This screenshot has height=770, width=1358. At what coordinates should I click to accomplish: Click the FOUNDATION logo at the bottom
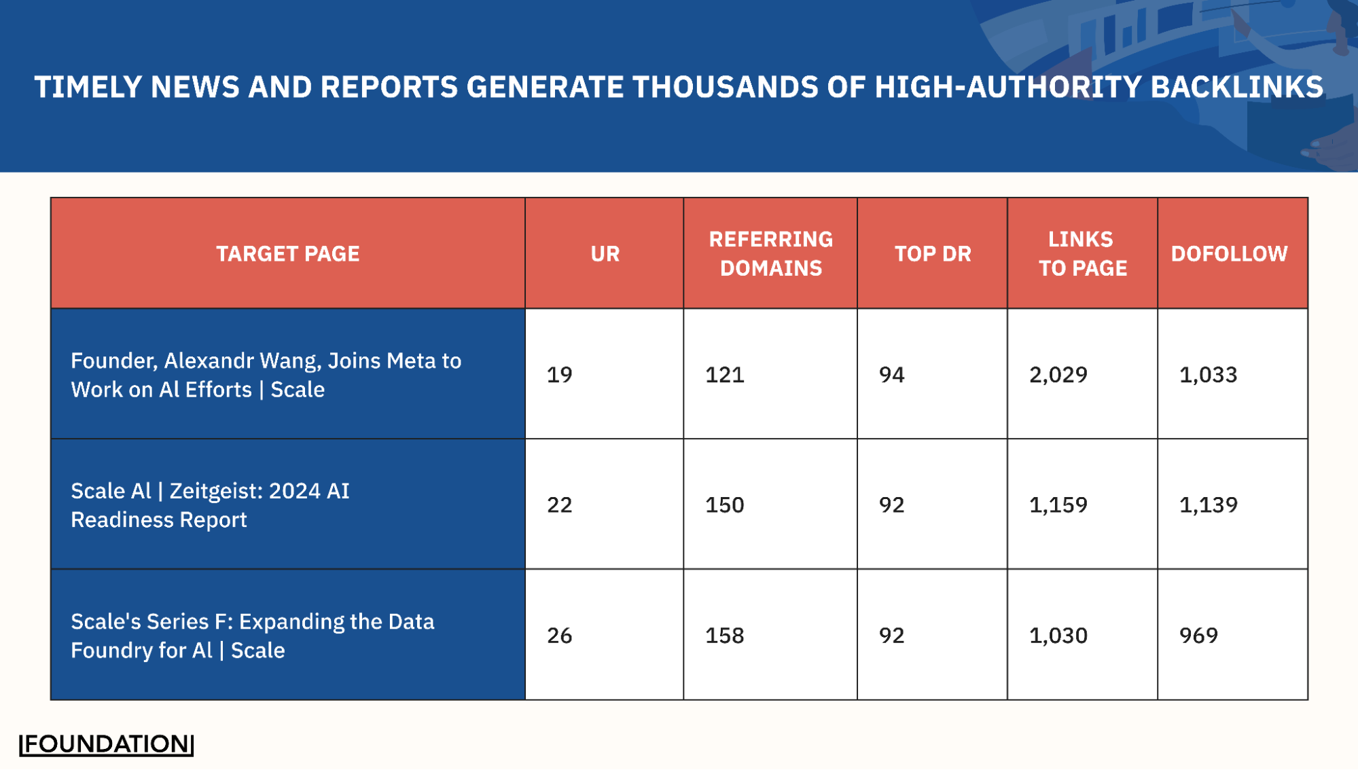(x=107, y=744)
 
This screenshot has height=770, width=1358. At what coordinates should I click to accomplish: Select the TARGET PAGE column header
(x=287, y=254)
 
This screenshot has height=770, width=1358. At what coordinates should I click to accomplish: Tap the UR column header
(x=605, y=254)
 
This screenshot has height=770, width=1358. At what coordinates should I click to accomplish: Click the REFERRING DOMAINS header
(x=770, y=254)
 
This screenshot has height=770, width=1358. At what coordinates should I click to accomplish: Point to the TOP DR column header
(x=932, y=254)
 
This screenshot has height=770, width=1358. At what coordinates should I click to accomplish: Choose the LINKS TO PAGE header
(x=1082, y=254)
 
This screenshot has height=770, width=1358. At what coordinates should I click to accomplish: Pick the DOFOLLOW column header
(x=1229, y=254)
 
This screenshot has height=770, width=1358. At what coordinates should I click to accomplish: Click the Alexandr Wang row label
(x=266, y=375)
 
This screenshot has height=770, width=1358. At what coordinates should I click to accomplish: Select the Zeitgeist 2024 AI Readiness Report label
(x=210, y=505)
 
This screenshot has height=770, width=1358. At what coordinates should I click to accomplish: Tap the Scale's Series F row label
(x=252, y=636)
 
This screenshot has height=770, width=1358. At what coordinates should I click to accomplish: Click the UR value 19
(x=559, y=375)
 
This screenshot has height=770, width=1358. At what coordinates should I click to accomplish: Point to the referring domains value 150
(x=724, y=505)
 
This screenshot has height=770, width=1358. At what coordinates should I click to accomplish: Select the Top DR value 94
(x=891, y=375)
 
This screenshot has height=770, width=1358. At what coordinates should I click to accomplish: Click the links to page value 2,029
(x=1058, y=375)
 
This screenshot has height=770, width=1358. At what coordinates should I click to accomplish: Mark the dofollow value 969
(x=1198, y=636)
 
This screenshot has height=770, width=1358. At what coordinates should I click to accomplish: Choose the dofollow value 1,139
(x=1208, y=505)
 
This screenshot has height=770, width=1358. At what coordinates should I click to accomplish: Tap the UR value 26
(x=559, y=636)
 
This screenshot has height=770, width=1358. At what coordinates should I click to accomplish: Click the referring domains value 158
(x=724, y=636)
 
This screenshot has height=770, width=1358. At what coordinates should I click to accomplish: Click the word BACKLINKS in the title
(x=1236, y=87)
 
